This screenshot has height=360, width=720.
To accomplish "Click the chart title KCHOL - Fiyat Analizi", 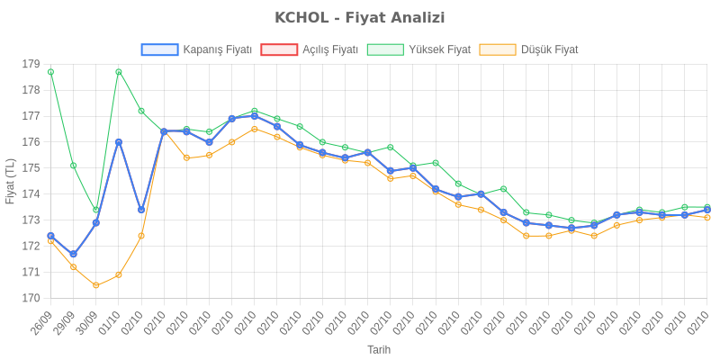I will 360,18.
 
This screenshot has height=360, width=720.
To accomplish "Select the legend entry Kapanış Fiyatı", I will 197,49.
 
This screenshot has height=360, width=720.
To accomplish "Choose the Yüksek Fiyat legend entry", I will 418,49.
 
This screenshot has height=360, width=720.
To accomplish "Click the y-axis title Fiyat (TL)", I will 11,181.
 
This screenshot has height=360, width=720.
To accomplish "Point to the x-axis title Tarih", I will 379,349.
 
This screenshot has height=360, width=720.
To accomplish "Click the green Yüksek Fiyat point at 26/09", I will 50,71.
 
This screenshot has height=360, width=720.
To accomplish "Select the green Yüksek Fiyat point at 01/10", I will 119,72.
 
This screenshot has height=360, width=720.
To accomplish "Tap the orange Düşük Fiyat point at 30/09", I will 95,285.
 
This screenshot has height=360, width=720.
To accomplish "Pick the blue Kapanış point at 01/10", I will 119,142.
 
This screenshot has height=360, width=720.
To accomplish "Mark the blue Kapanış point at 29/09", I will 73,255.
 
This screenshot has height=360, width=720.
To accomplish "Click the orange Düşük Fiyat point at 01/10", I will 119,274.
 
